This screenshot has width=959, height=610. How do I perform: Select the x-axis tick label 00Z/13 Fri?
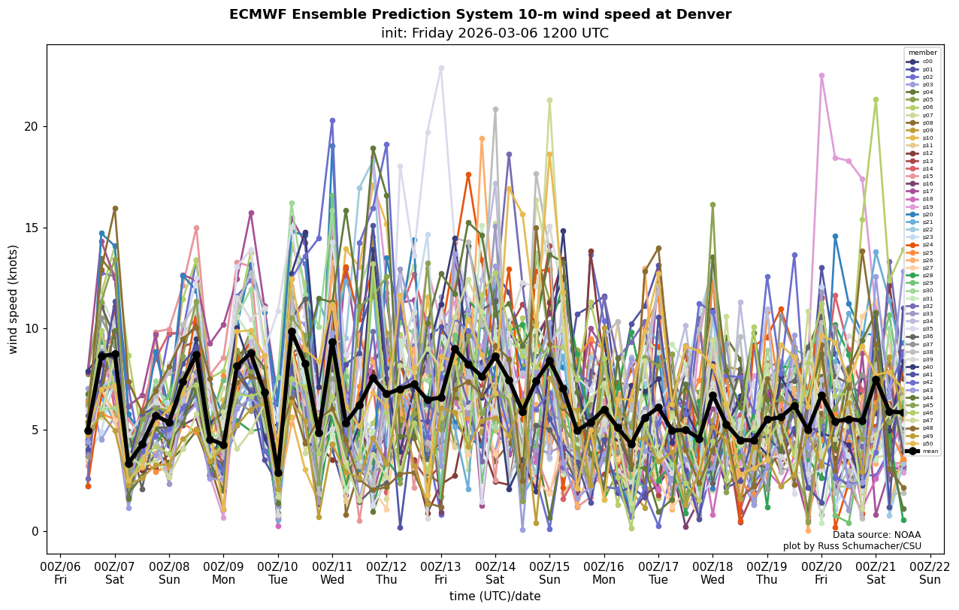click(x=441, y=573)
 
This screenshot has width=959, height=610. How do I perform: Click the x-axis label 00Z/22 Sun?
click(x=930, y=573)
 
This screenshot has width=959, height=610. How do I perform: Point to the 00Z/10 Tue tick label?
click(x=278, y=573)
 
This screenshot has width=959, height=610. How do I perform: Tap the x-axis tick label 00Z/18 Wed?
click(x=712, y=573)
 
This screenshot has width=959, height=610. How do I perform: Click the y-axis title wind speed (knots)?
click(x=14, y=299)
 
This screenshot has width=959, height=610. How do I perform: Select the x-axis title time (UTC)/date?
click(x=495, y=596)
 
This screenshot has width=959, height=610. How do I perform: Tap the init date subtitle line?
click(x=495, y=33)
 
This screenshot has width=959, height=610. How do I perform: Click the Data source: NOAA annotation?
click(x=876, y=535)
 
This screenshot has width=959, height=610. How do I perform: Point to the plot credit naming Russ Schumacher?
click(x=852, y=546)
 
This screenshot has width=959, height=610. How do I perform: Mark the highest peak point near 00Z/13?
click(x=441, y=68)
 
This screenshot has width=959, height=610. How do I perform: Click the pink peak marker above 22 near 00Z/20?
click(x=821, y=75)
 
